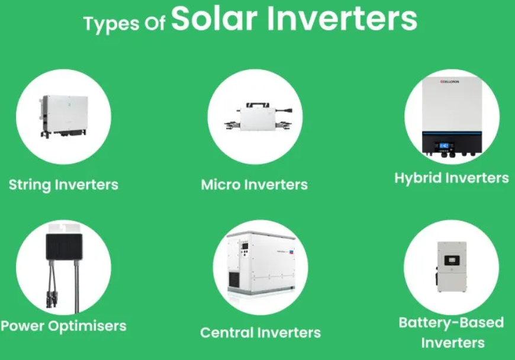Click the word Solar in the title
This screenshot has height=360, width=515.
pyautogui.click(x=214, y=18)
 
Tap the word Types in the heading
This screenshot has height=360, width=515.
pyautogui.click(x=111, y=24)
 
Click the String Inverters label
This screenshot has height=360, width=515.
pyautogui.click(x=63, y=185)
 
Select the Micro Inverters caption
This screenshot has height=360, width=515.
pyautogui.click(x=254, y=185)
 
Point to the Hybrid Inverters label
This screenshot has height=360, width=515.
pyautogui.click(x=452, y=178)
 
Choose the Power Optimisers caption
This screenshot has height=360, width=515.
pyautogui.click(x=63, y=326)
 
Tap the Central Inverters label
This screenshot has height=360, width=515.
pyautogui.click(x=260, y=333)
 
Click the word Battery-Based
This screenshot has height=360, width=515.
pyautogui.click(x=451, y=323)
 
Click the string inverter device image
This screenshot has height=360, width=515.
pyautogui.click(x=64, y=116)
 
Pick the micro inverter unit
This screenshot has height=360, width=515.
pyautogui.click(x=258, y=117)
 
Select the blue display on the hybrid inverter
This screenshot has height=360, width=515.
pyautogui.click(x=445, y=146)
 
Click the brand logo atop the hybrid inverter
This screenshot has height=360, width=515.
pyautogui.click(x=450, y=82)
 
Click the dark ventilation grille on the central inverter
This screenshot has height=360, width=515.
pyautogui.click(x=234, y=279)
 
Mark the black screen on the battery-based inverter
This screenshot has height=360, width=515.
pyautogui.click(x=452, y=260)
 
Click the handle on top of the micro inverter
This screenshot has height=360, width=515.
pyautogui.click(x=258, y=105)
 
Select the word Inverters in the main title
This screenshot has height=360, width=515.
pyautogui.click(x=342, y=18)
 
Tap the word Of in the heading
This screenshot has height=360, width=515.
pyautogui.click(x=154, y=24)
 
